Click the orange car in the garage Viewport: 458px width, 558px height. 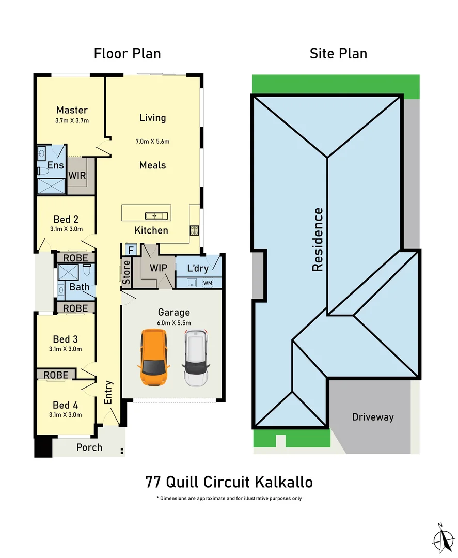tap(153, 358)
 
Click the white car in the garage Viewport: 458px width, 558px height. tap(196, 358)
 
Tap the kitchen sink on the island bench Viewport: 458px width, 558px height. tap(154, 215)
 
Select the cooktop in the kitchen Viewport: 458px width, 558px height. tap(195, 230)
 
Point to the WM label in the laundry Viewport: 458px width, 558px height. tap(208, 283)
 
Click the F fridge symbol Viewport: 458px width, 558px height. tap(131, 250)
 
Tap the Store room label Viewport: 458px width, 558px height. tap(126, 272)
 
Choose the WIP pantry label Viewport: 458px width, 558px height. tap(159, 269)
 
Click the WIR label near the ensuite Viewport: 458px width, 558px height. tap(77, 176)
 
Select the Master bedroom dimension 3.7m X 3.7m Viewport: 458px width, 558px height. tap(72, 121)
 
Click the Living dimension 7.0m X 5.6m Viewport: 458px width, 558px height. tap(152, 141)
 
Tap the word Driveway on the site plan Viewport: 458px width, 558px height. tap(372, 417)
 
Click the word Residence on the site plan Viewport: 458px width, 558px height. tap(317, 239)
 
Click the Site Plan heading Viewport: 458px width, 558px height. tap(338, 53)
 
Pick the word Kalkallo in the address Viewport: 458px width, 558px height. tap(283, 482)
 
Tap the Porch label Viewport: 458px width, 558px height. tap(89, 447)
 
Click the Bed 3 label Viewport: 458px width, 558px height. tap(66, 339)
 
